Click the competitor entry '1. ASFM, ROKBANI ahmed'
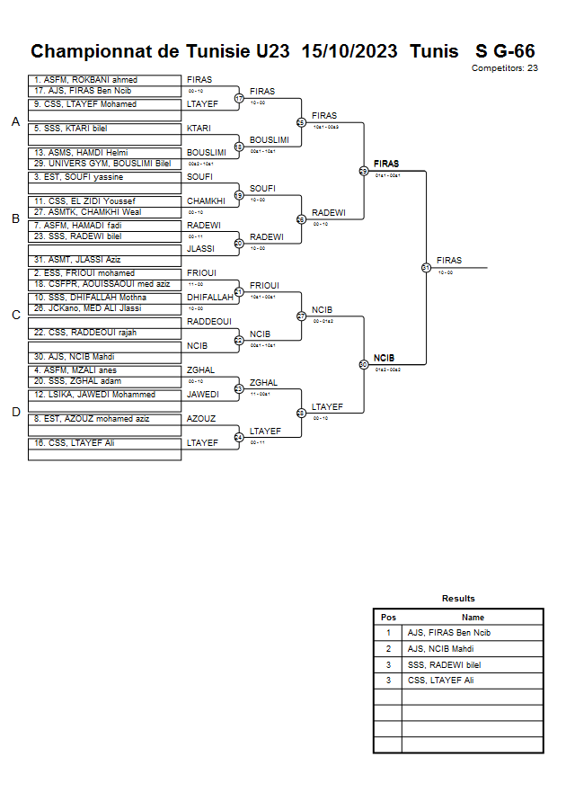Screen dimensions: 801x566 click(85, 80)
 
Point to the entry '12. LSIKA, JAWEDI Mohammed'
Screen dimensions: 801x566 click(94, 395)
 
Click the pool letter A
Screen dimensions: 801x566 click(15, 122)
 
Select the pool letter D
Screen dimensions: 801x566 click(15, 413)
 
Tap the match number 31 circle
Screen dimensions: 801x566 click(426, 267)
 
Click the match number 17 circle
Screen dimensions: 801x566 click(239, 98)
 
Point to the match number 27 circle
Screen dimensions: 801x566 click(302, 316)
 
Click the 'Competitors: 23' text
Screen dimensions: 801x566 click(504, 67)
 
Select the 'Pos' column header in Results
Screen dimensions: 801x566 click(388, 618)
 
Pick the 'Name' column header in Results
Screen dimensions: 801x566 click(473, 618)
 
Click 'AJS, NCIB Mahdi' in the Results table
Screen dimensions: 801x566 click(440, 648)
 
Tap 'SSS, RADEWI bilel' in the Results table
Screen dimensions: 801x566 click(444, 664)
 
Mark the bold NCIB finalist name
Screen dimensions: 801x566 click(385, 358)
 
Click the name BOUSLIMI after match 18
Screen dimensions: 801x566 click(270, 140)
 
